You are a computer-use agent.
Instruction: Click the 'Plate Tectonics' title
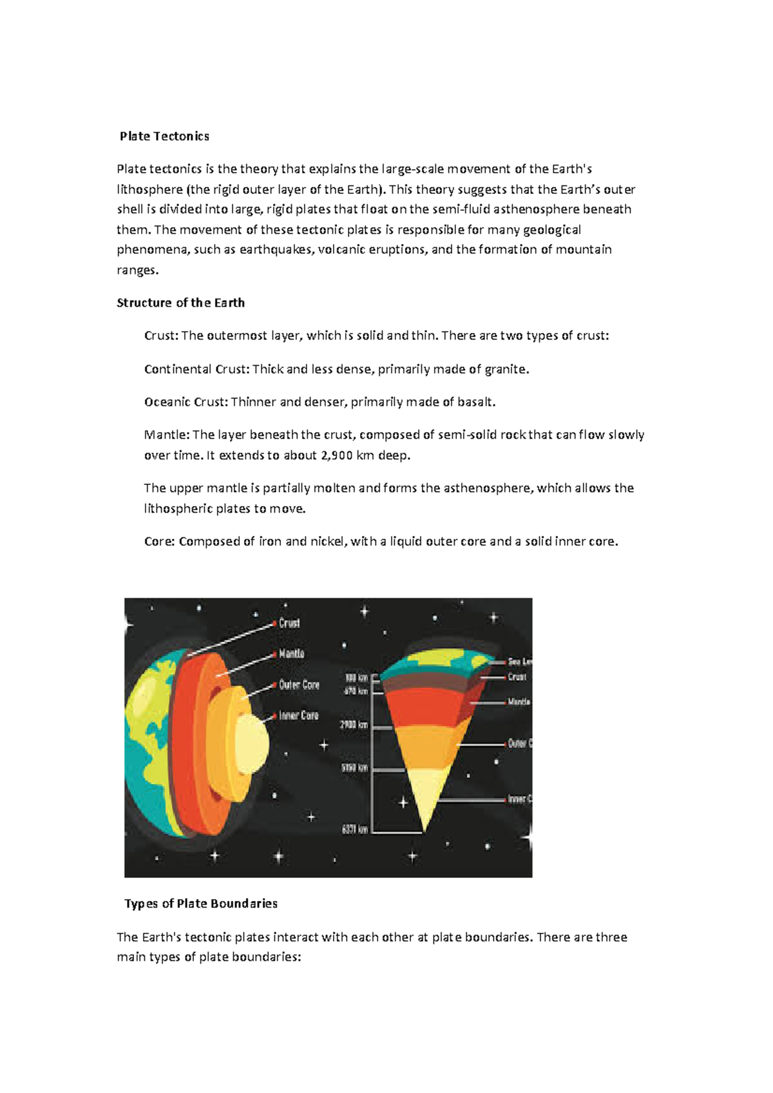pyautogui.click(x=164, y=136)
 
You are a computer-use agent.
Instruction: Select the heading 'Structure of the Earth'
pyautogui.click(x=180, y=303)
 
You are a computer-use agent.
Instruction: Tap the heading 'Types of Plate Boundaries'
pyautogui.click(x=201, y=904)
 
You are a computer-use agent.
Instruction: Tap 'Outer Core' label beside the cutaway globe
pyautogui.click(x=299, y=685)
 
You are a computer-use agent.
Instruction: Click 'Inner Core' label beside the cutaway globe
pyautogui.click(x=298, y=716)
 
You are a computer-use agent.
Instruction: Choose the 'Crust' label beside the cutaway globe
pyautogui.click(x=289, y=623)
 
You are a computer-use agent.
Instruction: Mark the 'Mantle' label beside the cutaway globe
pyautogui.click(x=291, y=654)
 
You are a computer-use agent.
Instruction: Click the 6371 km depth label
pyautogui.click(x=354, y=830)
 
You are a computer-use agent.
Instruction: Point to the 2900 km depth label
pyautogui.click(x=354, y=725)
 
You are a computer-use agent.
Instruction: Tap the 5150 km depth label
pyautogui.click(x=354, y=768)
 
